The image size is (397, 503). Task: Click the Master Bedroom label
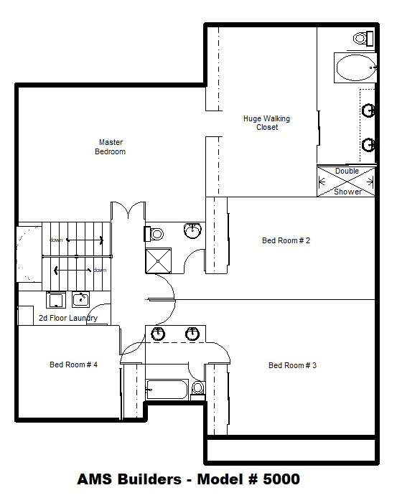click(110, 146)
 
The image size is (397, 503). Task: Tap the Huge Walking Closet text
click(266, 123)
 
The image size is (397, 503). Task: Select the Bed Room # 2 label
click(286, 240)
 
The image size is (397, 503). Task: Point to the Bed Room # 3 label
click(292, 365)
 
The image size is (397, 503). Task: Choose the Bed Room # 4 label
click(73, 365)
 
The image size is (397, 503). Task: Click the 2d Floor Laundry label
click(68, 318)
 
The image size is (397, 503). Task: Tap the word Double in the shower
click(347, 171)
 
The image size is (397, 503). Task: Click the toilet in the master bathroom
click(364, 39)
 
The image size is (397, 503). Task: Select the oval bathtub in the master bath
click(355, 67)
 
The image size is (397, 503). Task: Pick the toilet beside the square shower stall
click(154, 234)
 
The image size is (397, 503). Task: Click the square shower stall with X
click(159, 260)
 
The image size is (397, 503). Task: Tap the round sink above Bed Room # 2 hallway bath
click(192, 230)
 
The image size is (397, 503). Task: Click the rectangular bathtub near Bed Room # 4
click(167, 390)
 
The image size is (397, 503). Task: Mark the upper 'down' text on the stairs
click(56, 240)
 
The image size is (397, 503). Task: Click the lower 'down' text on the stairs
click(100, 270)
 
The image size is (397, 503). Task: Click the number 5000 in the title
click(281, 479)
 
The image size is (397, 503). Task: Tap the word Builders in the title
click(149, 479)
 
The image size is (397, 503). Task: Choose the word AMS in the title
click(95, 479)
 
